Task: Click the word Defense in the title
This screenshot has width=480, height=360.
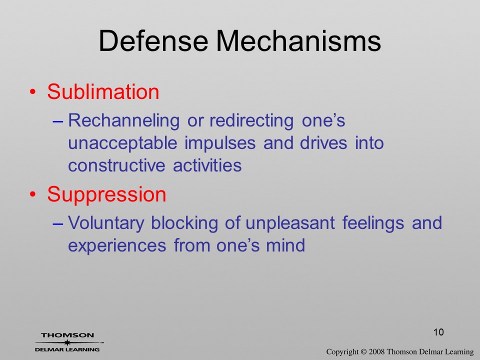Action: [153, 41]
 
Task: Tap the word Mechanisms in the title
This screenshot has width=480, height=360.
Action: [298, 41]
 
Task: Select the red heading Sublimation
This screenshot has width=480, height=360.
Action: [103, 91]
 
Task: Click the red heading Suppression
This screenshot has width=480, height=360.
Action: [106, 194]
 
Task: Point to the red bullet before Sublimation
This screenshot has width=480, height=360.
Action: [33, 92]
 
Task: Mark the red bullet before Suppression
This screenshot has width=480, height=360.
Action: [33, 194]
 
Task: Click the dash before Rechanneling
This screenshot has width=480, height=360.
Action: [58, 121]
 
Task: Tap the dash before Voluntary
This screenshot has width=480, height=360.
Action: [58, 224]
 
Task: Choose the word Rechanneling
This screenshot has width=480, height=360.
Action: [123, 120]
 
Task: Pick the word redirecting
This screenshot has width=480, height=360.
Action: [251, 120]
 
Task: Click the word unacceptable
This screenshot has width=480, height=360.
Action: [122, 143]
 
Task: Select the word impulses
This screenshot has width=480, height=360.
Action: [220, 143]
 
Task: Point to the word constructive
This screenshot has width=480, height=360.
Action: [116, 165]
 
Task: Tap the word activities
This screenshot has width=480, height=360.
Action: [207, 165]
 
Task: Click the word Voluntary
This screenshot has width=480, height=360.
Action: [106, 223]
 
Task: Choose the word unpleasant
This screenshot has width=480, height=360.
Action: [290, 223]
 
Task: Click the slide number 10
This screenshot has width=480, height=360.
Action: [438, 332]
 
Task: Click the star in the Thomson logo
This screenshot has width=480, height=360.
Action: [66, 342]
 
